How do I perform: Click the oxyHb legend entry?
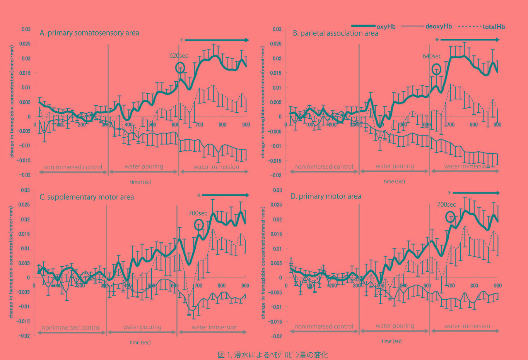coord(386,27)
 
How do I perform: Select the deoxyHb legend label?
coord(438,26)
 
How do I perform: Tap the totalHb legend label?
coord(494,27)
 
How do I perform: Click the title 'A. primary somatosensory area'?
coord(89,33)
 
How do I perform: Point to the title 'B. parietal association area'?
coord(335,33)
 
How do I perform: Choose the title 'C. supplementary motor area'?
coord(87,197)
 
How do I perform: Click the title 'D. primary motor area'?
coord(326,196)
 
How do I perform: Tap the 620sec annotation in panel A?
coord(178,56)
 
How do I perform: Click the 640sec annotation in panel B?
coord(432,56)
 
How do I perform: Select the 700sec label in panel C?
coord(198,213)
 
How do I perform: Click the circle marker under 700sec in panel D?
coord(450,217)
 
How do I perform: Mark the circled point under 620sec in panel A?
coord(180,68)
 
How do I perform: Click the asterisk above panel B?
coord(437,40)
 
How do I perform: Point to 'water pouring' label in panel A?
coord(144,166)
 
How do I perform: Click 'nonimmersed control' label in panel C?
coord(71,327)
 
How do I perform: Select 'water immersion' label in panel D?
coord(467,326)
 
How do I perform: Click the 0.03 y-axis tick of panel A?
coord(26,29)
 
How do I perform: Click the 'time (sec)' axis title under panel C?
coord(140,342)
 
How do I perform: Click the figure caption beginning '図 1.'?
coord(273,355)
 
